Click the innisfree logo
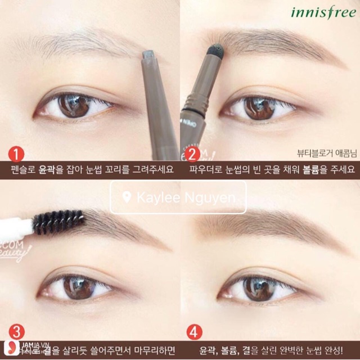[x=322, y=12]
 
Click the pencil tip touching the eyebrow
[x=148, y=54]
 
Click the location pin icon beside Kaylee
[x=127, y=197]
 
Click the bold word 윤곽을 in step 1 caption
[x=49, y=169]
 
